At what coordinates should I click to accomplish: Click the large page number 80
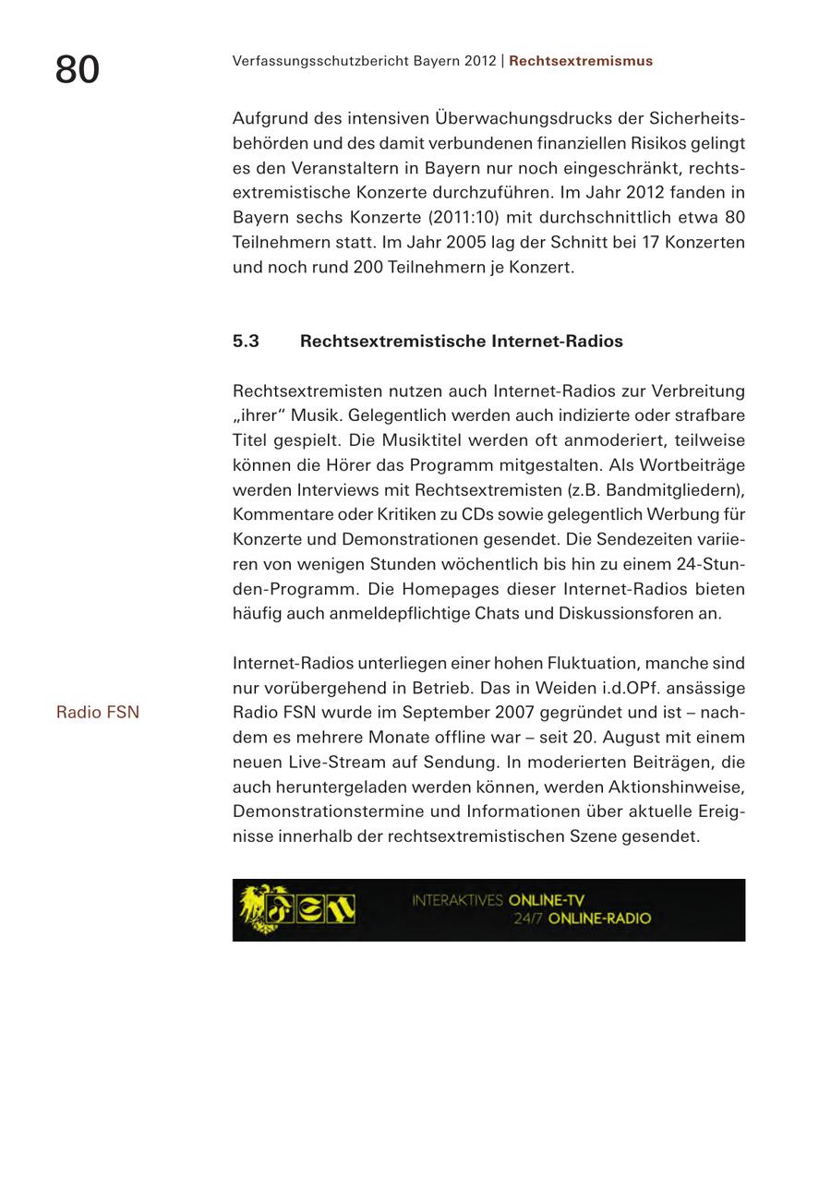[x=78, y=69]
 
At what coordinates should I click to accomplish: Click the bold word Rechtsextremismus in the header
[x=580, y=61]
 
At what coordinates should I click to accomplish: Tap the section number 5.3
[x=246, y=342]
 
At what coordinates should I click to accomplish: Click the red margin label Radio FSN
[x=98, y=712]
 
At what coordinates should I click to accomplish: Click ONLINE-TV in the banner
[x=546, y=900]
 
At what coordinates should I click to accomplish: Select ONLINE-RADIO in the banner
[x=599, y=919]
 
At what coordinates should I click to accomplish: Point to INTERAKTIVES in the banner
[x=458, y=900]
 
